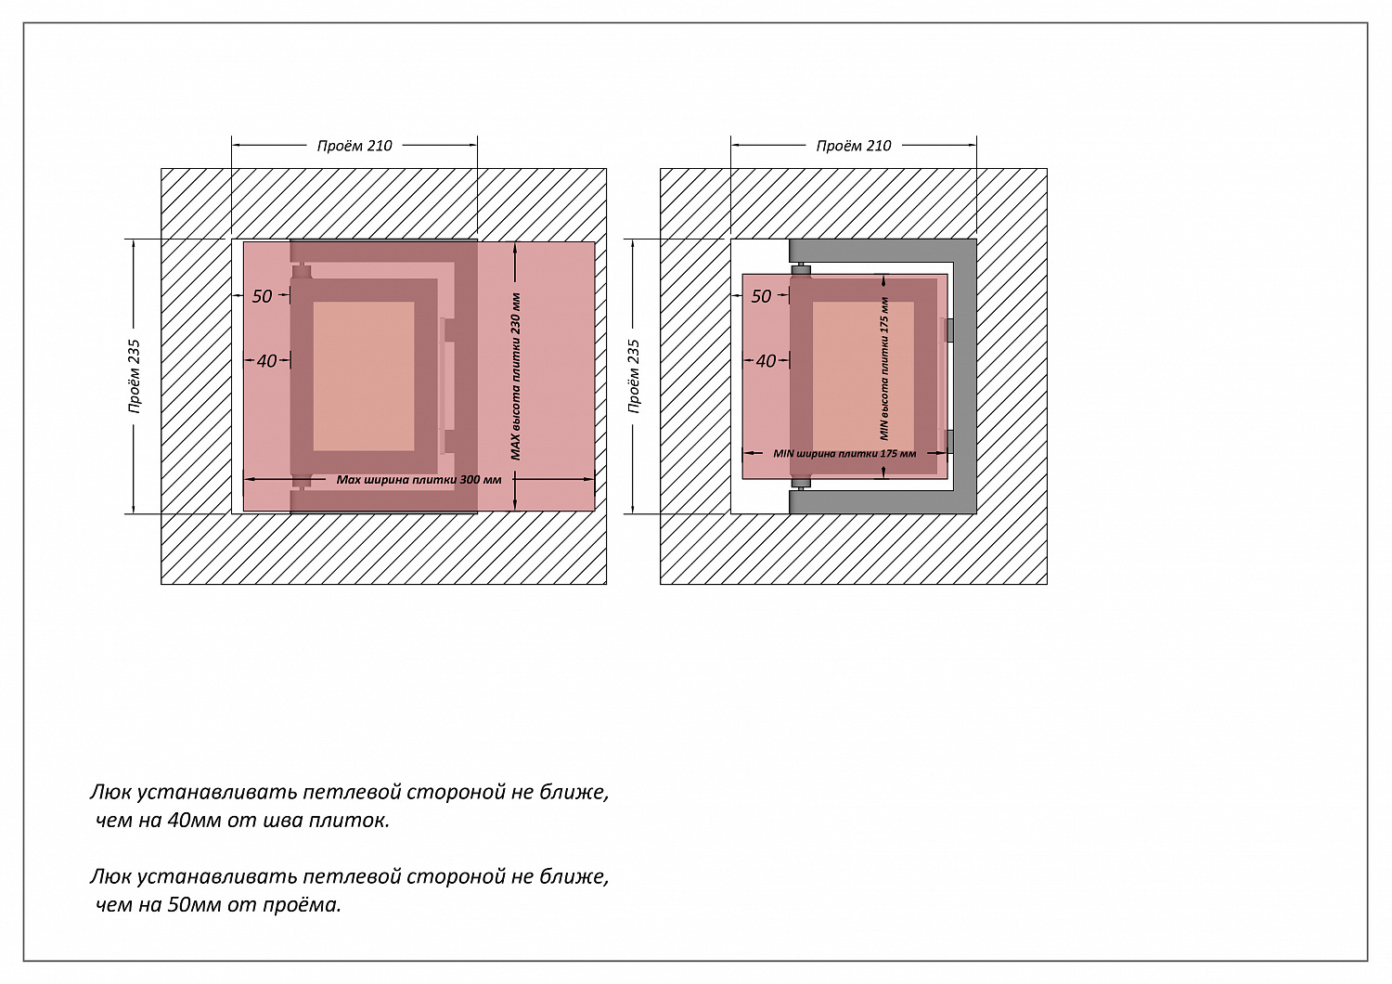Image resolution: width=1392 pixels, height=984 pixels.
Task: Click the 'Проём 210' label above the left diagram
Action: pyautogui.click(x=354, y=146)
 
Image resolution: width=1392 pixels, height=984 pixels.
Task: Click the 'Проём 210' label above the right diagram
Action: pyautogui.click(x=854, y=146)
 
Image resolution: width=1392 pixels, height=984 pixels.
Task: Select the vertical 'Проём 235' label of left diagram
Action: pyautogui.click(x=135, y=376)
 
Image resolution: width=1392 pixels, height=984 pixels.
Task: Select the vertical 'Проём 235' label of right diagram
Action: pyautogui.click(x=635, y=376)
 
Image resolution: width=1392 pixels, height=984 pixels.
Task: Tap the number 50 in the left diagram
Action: pyautogui.click(x=263, y=296)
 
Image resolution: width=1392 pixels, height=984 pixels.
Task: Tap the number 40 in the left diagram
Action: pyautogui.click(x=267, y=361)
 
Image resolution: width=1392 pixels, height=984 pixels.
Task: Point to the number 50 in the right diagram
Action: pyautogui.click(x=761, y=296)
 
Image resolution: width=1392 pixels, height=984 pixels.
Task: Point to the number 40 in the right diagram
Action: pyautogui.click(x=766, y=361)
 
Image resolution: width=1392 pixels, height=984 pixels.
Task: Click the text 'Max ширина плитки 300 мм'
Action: pyautogui.click(x=419, y=480)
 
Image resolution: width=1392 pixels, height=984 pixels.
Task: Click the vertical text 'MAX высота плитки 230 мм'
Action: pyautogui.click(x=516, y=376)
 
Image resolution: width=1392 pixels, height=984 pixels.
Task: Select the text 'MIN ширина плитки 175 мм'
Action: pyautogui.click(x=844, y=454)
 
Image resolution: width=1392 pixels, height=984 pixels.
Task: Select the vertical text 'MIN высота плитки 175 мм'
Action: pyautogui.click(x=884, y=369)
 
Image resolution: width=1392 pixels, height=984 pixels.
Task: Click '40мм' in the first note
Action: pyautogui.click(x=191, y=821)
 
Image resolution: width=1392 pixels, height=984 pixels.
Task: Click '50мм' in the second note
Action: pyautogui.click(x=191, y=904)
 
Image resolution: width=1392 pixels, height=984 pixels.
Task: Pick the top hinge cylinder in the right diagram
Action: pyautogui.click(x=801, y=271)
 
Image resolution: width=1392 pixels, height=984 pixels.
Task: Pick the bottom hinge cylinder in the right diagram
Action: pyautogui.click(x=801, y=483)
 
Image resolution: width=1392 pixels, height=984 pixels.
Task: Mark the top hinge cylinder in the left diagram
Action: pyautogui.click(x=302, y=271)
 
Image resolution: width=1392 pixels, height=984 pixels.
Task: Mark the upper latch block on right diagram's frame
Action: pyautogui.click(x=948, y=330)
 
